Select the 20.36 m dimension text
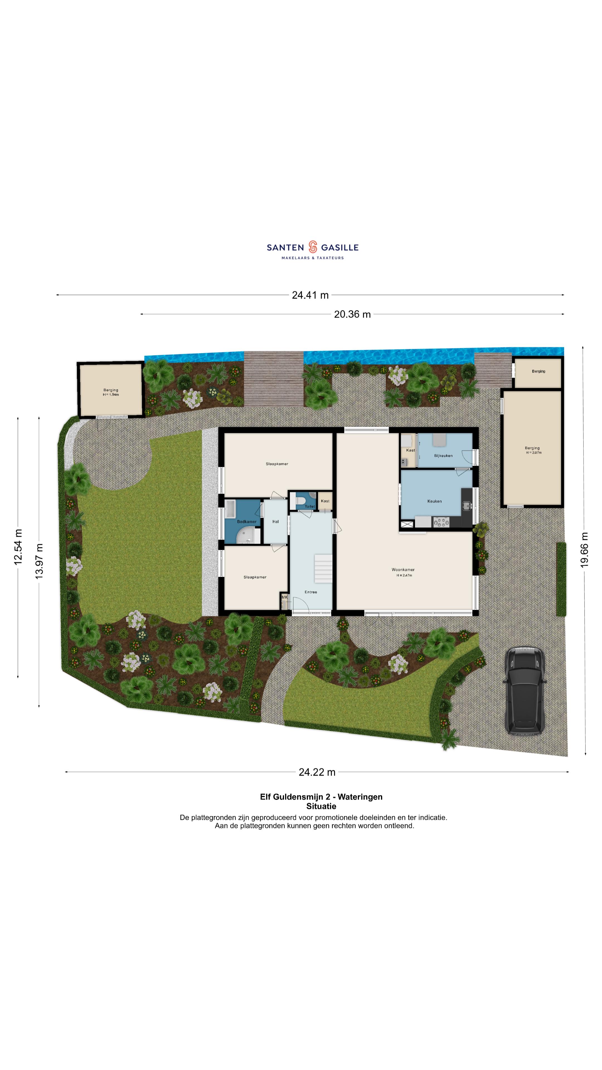[x=352, y=314]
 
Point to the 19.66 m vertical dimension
[x=584, y=549]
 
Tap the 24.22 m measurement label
[x=317, y=772]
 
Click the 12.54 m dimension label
[x=18, y=547]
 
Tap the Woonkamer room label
[x=403, y=570]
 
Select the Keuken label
[x=434, y=501]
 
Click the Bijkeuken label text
[x=443, y=456]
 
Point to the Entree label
[x=311, y=592]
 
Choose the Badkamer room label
[x=247, y=522]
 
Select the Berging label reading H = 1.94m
[x=111, y=392]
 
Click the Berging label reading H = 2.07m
[x=532, y=450]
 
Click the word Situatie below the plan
[x=321, y=806]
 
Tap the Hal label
[x=275, y=522]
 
